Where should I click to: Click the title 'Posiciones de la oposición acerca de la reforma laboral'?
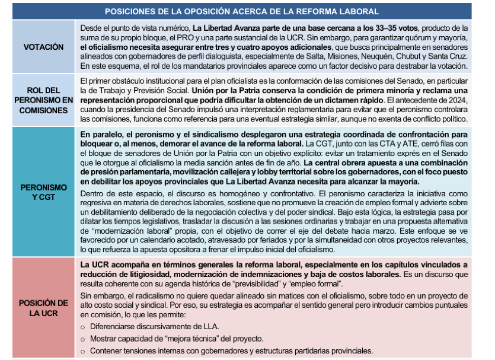(x=241, y=11)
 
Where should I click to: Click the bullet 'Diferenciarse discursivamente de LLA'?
(x=154, y=326)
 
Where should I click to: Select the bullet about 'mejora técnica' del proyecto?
(x=176, y=339)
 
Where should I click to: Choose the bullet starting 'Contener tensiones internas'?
(x=231, y=351)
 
